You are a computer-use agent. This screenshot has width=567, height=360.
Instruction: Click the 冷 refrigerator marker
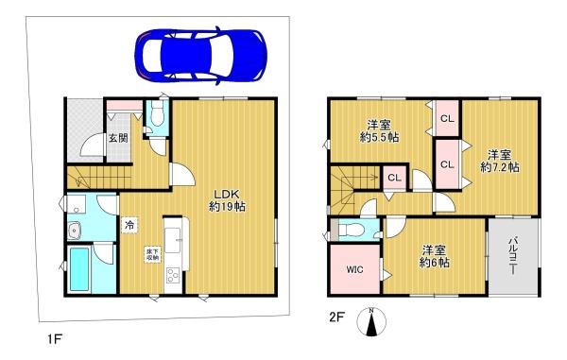[129, 226]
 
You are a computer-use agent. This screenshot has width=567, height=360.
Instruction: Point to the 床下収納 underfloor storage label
[152, 253]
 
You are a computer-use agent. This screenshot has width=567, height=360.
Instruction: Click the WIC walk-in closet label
[354, 269]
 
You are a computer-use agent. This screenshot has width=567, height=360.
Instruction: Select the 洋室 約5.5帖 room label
[379, 130]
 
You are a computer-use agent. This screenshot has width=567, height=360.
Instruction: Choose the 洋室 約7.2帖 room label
[499, 160]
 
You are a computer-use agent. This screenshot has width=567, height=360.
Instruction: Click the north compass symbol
[372, 324]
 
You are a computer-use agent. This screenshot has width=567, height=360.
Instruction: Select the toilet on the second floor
[352, 230]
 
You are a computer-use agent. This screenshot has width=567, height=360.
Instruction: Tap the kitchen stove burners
[173, 275]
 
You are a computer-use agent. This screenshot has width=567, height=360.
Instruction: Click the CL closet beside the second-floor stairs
[393, 177]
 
